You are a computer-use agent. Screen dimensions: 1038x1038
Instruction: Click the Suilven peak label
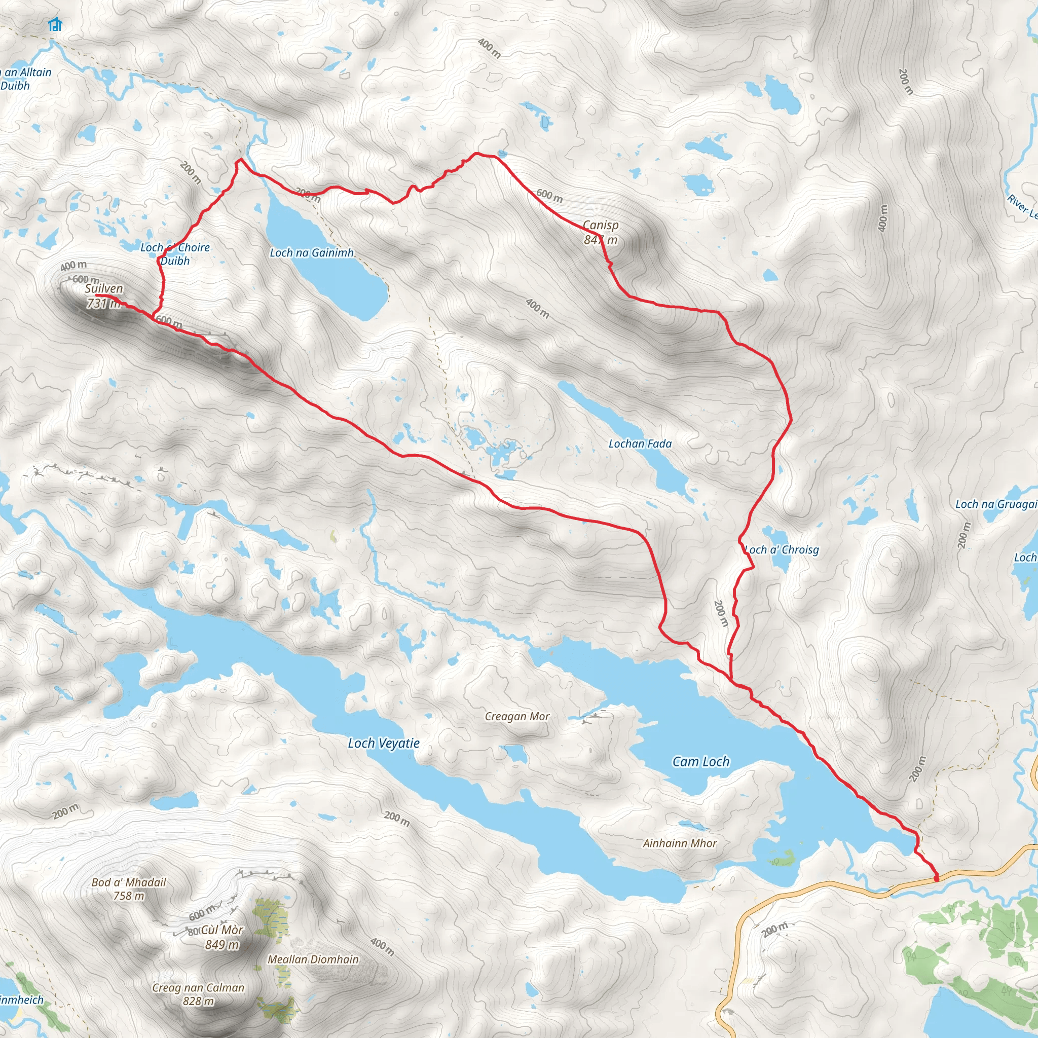point(104,288)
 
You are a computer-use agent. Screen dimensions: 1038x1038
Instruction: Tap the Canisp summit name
point(601,225)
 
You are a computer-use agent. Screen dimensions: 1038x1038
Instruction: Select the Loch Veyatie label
point(384,743)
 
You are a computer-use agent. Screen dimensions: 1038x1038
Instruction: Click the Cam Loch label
point(700,761)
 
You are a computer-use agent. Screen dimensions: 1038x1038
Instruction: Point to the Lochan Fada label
point(640,443)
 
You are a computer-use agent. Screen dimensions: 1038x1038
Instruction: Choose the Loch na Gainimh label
point(312,252)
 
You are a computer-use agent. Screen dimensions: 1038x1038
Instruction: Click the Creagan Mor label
point(517,716)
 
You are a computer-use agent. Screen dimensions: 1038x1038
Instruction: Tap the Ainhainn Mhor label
point(680,843)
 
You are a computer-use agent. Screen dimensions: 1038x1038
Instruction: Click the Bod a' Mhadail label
point(129,882)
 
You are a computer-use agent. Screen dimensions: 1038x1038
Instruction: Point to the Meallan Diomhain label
point(313,959)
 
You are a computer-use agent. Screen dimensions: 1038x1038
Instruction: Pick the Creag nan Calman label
point(198,987)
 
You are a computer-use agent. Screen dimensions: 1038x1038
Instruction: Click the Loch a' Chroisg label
point(782,549)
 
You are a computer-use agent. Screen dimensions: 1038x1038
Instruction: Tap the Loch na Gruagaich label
point(995,504)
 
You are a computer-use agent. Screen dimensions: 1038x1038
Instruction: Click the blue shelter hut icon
point(55,24)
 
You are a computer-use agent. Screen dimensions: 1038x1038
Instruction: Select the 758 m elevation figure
point(129,896)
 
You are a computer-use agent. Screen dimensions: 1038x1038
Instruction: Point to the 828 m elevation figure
point(198,1001)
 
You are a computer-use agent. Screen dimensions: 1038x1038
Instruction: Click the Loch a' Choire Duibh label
point(175,254)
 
